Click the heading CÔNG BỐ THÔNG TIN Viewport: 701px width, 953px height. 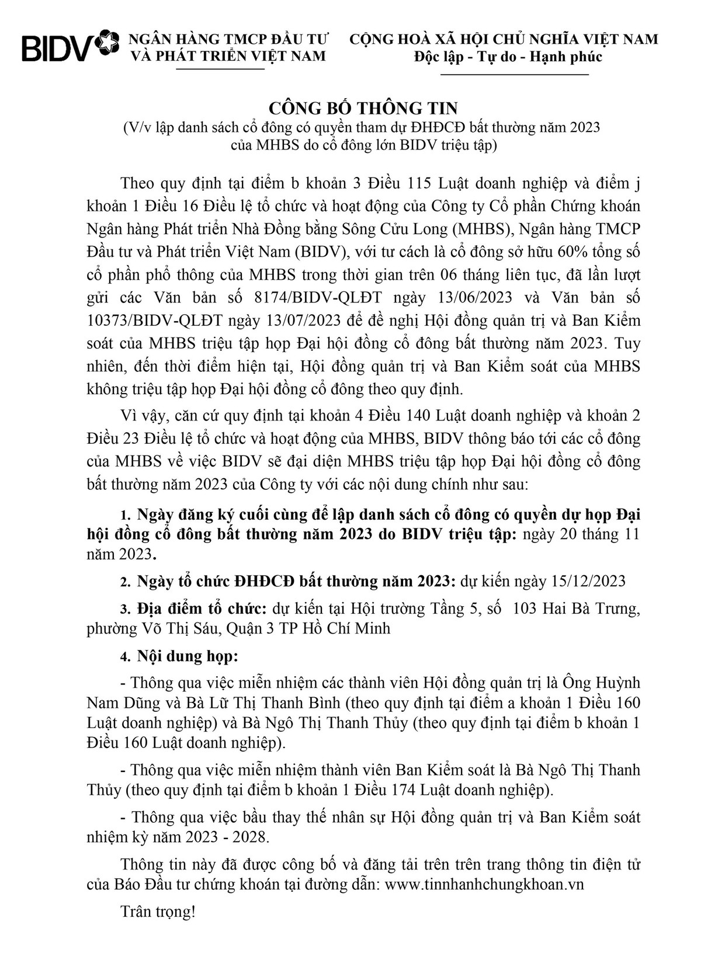[x=363, y=108]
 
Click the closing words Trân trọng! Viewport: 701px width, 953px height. [x=157, y=912]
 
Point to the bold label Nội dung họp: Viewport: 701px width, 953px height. [x=188, y=655]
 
